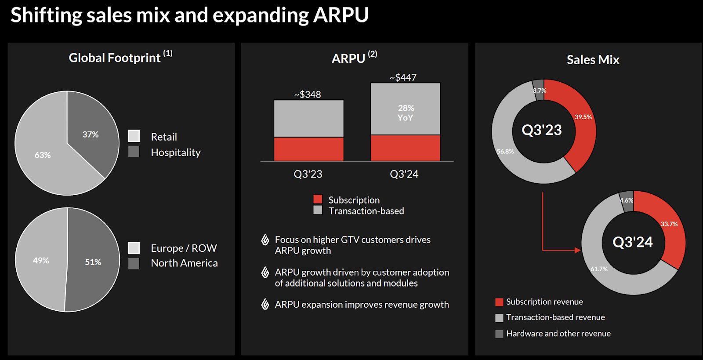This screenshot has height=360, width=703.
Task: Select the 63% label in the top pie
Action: pyautogui.click(x=43, y=155)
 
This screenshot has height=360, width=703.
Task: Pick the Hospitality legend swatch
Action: pyautogui.click(x=134, y=152)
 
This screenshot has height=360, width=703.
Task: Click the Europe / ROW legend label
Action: pyautogui.click(x=184, y=248)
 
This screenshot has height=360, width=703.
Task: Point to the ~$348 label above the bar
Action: pyautogui.click(x=308, y=95)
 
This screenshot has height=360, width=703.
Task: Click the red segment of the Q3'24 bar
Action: pyautogui.click(x=405, y=148)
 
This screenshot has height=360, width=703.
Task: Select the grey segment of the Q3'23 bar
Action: pyautogui.click(x=308, y=118)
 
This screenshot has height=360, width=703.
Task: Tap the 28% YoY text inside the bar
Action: pyautogui.click(x=406, y=113)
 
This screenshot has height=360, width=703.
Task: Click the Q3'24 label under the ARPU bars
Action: pyautogui.click(x=404, y=174)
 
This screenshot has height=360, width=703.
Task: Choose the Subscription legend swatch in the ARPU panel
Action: pyautogui.click(x=318, y=199)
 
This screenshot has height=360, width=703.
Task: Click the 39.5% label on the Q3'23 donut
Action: pyautogui.click(x=583, y=117)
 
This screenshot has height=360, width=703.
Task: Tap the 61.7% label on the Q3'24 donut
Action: pyautogui.click(x=599, y=269)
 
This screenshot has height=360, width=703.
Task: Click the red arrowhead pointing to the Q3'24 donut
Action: pyautogui.click(x=578, y=250)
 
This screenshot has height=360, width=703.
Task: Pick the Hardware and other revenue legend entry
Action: pyautogui.click(x=558, y=334)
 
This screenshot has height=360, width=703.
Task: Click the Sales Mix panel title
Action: pyautogui.click(x=593, y=60)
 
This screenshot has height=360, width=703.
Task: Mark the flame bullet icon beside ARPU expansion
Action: pyautogui.click(x=265, y=304)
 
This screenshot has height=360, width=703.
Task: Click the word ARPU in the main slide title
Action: pyautogui.click(x=341, y=15)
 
